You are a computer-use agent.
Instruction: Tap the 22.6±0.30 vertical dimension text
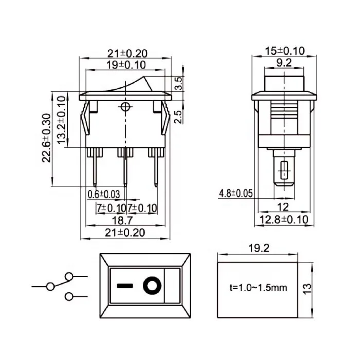click(46, 138)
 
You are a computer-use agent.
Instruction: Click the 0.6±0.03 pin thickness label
click(103, 194)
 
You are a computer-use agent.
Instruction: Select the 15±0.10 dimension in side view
click(284, 51)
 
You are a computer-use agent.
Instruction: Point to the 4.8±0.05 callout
click(236, 193)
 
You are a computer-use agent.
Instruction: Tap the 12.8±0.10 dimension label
click(284, 220)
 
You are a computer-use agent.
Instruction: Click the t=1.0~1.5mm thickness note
click(257, 288)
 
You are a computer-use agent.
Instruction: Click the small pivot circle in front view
click(125, 107)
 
